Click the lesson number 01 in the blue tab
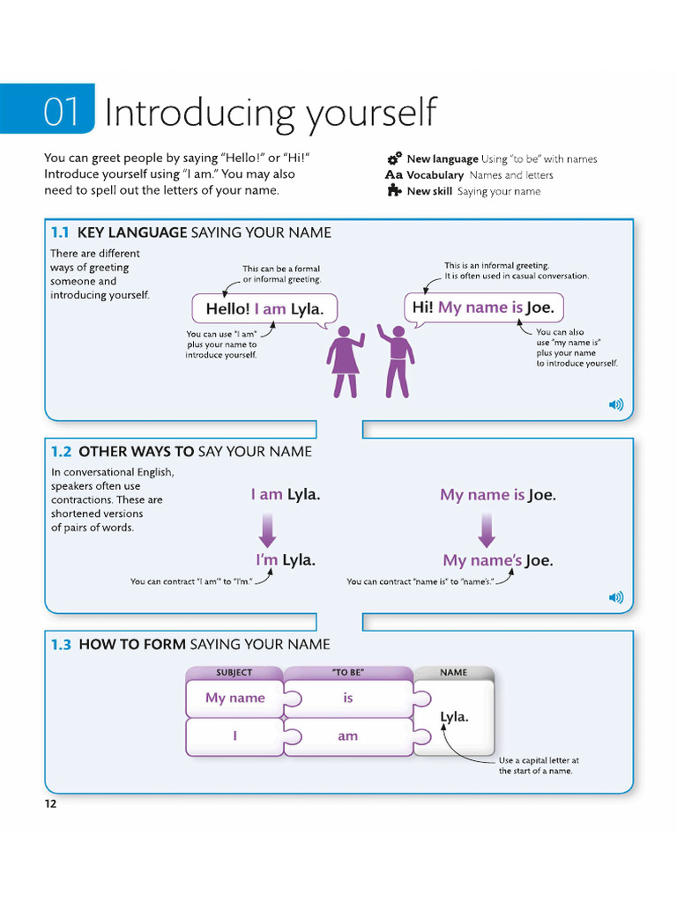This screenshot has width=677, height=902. (62, 112)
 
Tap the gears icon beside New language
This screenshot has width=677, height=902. (394, 159)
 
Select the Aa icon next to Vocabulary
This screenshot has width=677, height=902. (394, 175)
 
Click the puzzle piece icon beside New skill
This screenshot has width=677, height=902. (394, 190)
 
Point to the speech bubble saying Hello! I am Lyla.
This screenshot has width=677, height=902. (258, 308)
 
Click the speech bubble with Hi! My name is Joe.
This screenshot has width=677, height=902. (483, 307)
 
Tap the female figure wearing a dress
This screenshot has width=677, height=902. (345, 360)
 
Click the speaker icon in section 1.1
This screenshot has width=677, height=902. (615, 405)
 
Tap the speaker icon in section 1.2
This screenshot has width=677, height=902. (615, 597)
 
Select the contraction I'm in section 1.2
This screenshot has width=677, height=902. (267, 560)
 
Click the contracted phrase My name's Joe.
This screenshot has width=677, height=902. (497, 560)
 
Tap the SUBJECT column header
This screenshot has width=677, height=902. (234, 672)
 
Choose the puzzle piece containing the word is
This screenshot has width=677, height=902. (348, 698)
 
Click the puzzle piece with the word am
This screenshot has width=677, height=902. (348, 736)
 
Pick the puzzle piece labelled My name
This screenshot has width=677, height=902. (234, 698)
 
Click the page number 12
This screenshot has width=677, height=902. (50, 803)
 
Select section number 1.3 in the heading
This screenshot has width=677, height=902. (61, 644)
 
